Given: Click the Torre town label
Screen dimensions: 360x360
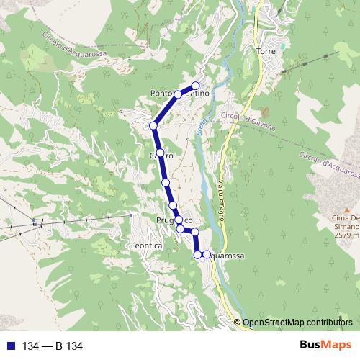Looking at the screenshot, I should pyautogui.click(x=266, y=51).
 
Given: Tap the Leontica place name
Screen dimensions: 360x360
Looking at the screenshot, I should pyautogui.click(x=146, y=246).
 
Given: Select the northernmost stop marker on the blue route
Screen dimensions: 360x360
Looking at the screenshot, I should pyautogui.click(x=195, y=86).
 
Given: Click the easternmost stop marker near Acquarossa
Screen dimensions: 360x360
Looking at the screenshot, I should pyautogui.click(x=207, y=255).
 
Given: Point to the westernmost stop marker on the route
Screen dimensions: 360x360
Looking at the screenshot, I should pyautogui.click(x=153, y=126).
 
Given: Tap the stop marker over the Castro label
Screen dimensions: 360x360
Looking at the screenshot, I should pyautogui.click(x=161, y=156).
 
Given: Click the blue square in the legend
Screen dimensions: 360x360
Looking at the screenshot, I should pyautogui.click(x=10, y=346).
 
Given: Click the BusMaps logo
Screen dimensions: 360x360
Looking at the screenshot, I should pyautogui.click(x=325, y=346).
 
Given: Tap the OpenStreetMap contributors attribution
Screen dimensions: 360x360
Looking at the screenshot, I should pyautogui.click(x=297, y=323).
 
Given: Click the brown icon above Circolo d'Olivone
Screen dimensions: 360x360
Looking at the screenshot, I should pyautogui.click(x=264, y=113).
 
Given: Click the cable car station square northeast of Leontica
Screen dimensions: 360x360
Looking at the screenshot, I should pyautogui.click(x=130, y=215).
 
